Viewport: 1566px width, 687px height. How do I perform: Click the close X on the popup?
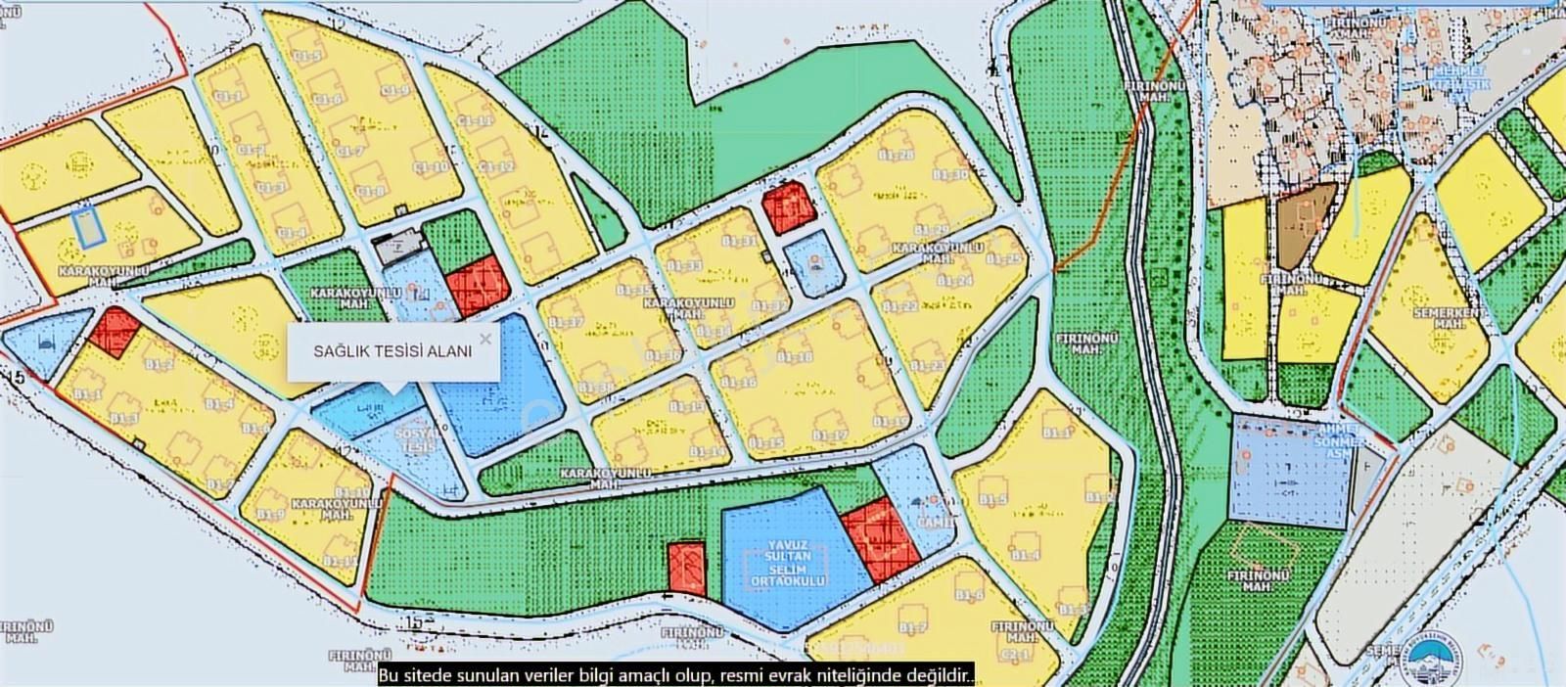click(485, 340)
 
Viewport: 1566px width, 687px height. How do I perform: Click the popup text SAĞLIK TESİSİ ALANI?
click(392, 350)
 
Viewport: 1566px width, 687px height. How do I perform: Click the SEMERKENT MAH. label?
click(1451, 320)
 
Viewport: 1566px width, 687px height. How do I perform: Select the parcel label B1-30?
click(950, 174)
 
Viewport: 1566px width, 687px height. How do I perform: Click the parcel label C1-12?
click(495, 166)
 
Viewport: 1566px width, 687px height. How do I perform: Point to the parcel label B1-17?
click(829, 435)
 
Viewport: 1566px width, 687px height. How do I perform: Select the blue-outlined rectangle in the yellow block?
click(90, 226)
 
